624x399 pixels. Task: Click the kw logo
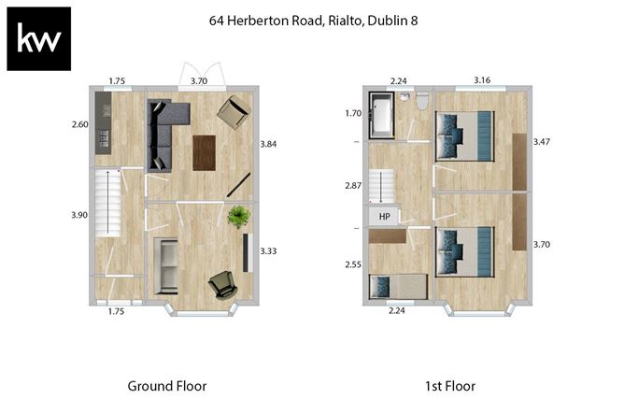click(x=39, y=39)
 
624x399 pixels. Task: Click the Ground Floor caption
click(x=166, y=385)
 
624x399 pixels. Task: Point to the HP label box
click(x=384, y=217)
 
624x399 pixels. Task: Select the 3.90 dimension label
click(x=78, y=215)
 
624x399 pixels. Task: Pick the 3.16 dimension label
click(x=482, y=81)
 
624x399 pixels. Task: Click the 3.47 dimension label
click(x=542, y=142)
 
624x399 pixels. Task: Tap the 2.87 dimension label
click(x=353, y=186)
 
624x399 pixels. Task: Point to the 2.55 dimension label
click(x=353, y=264)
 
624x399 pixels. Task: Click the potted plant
click(x=239, y=217)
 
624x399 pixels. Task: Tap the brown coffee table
click(x=205, y=152)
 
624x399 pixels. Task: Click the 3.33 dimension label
click(x=268, y=251)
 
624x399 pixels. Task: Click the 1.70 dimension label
click(x=353, y=114)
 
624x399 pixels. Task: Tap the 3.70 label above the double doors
click(x=199, y=81)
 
